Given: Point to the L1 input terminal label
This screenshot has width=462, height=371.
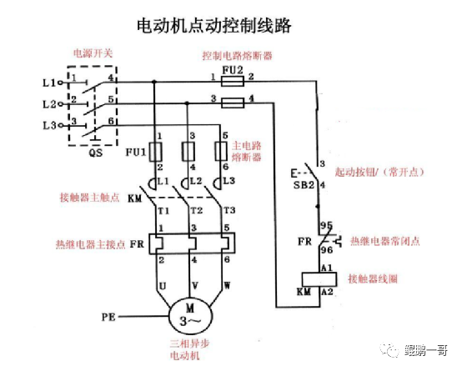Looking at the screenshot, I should (x=48, y=83).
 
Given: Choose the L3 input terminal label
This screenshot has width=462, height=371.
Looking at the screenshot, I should (x=48, y=125).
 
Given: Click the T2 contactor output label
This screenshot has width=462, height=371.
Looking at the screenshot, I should (x=197, y=210).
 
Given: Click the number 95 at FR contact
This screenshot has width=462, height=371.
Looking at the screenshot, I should (x=326, y=225).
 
